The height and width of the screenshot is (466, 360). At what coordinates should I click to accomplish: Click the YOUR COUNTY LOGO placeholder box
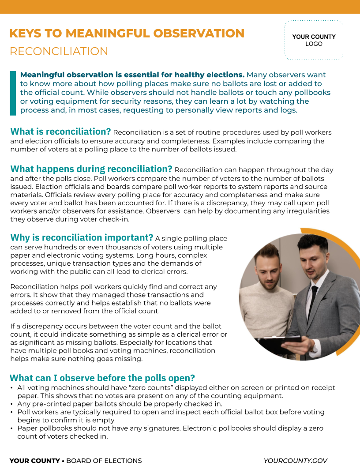pos(314,40)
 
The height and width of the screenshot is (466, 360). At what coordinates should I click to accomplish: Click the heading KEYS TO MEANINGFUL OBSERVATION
pos(127,34)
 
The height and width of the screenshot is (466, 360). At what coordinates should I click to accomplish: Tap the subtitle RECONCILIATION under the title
pos(59,51)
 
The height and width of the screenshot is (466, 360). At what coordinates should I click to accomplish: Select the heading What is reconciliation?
pos(61,132)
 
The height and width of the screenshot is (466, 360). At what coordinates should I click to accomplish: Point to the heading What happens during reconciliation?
pos(91,169)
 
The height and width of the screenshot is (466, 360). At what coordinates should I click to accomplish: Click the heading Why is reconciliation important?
pos(82,238)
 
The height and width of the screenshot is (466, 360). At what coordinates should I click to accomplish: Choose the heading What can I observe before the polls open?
pos(102,378)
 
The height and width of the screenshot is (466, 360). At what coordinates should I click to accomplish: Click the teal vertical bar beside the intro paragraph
pos(13,93)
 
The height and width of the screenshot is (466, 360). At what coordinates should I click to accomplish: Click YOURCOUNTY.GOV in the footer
pos(295,461)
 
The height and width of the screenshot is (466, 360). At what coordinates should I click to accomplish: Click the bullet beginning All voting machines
pos(176,391)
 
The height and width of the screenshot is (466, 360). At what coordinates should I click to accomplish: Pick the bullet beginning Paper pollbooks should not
pos(170,432)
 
